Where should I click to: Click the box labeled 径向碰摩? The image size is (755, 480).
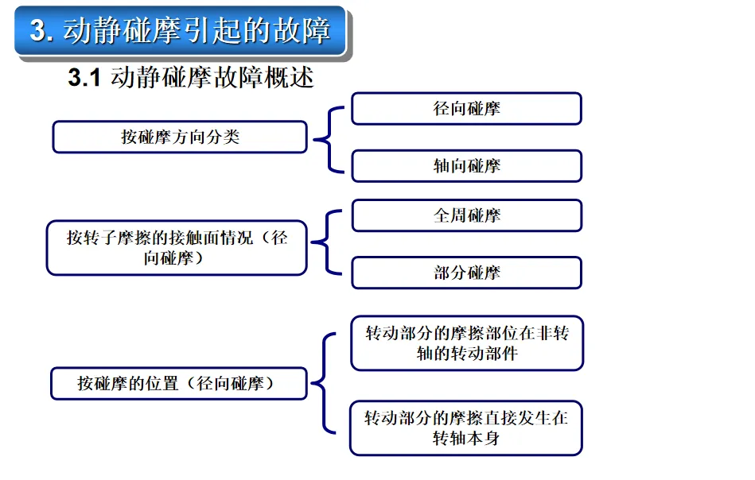[x=466, y=109]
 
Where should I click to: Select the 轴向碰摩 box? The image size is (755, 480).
[x=466, y=166]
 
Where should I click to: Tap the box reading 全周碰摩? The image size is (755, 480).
[x=466, y=215]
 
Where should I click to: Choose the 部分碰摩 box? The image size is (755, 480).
[x=466, y=273]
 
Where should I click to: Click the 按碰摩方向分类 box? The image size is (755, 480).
[x=179, y=137]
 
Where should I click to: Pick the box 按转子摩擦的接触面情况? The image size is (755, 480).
[x=177, y=248]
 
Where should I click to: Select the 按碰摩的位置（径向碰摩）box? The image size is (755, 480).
[x=178, y=384]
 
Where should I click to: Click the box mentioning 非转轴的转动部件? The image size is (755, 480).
[x=467, y=343]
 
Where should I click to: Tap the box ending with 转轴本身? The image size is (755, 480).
[x=466, y=428]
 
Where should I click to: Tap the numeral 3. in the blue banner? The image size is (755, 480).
[x=42, y=31]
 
